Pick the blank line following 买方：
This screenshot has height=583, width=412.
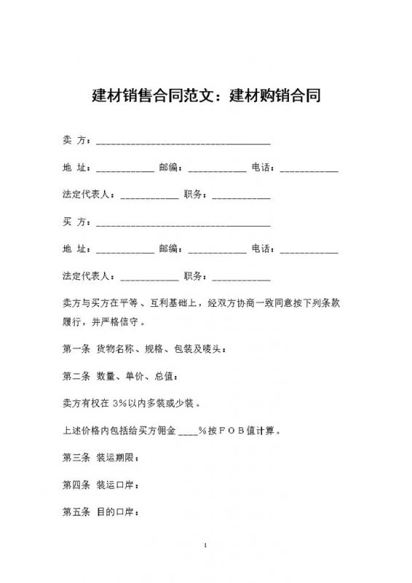coord(183,223)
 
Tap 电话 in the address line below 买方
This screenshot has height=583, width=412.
coord(263,249)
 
